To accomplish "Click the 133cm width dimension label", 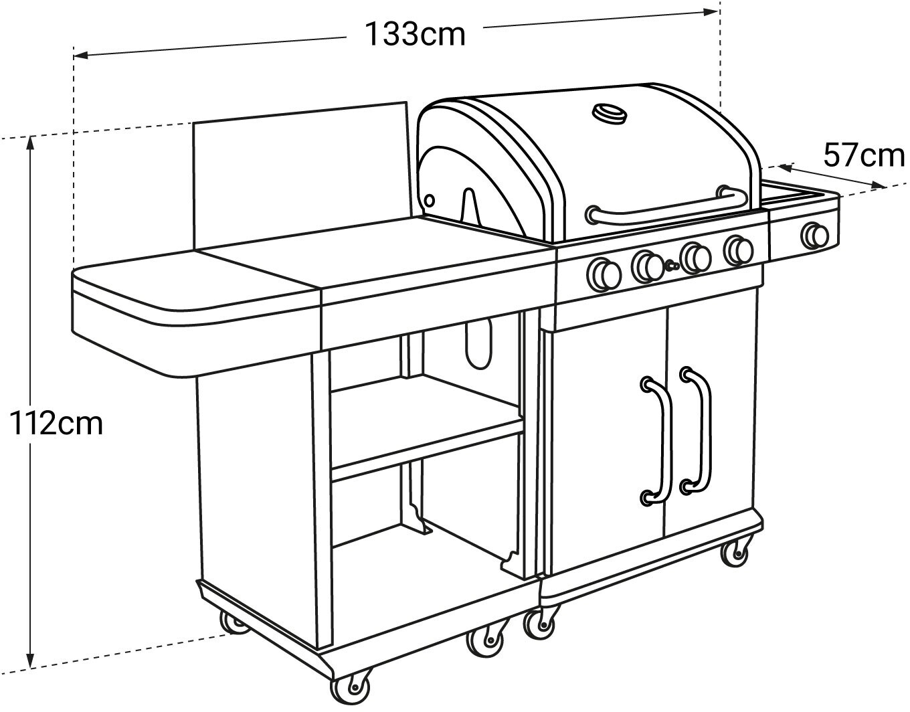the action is (415, 34).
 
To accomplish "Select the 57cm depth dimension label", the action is (863, 156).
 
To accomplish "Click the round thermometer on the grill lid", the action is (610, 112).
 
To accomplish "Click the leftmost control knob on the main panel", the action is (604, 273).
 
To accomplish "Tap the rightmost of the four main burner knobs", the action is (739, 250).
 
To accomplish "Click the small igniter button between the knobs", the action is (670, 266).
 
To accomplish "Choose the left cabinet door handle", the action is (657, 439).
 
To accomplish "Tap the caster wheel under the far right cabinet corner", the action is (735, 551).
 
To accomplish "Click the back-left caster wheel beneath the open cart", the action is (234, 623).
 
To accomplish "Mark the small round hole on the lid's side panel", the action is (428, 200).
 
